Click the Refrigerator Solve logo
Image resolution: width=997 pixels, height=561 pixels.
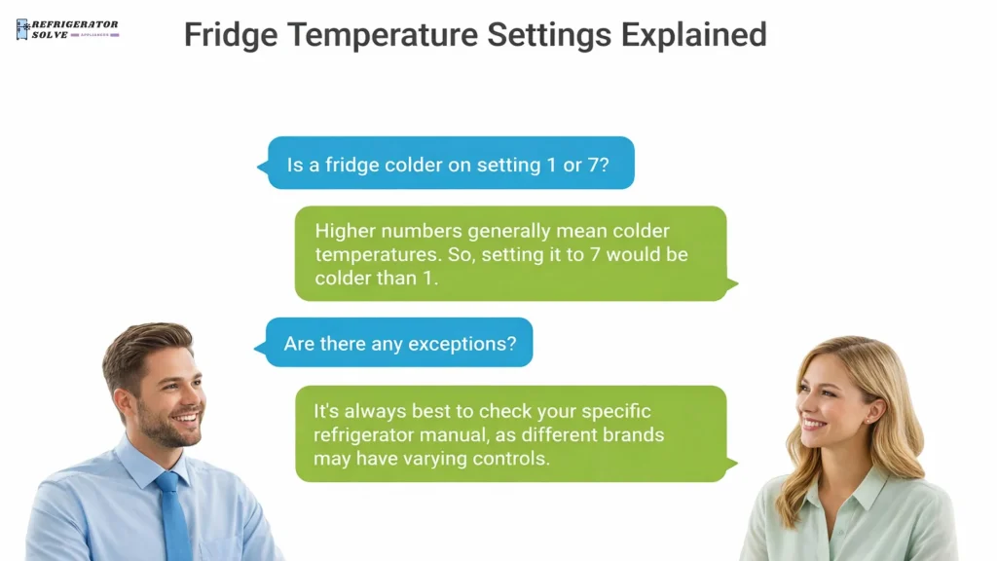(x=67, y=29)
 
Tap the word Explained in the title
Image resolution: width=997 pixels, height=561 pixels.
(x=693, y=35)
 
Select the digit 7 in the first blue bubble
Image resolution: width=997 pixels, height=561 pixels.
(x=592, y=165)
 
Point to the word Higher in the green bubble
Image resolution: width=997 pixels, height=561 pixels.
(x=346, y=232)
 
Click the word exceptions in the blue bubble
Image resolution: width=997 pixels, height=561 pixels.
(x=459, y=344)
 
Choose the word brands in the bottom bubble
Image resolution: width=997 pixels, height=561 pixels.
(x=632, y=434)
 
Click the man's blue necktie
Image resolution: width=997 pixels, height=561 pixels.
(x=172, y=516)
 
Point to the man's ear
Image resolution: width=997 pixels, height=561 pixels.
(x=121, y=402)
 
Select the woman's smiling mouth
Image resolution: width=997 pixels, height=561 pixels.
(x=813, y=424)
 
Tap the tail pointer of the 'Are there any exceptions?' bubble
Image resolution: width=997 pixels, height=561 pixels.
(x=259, y=347)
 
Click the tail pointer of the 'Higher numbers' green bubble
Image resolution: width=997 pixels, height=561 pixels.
(x=732, y=284)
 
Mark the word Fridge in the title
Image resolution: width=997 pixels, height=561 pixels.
(x=230, y=35)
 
